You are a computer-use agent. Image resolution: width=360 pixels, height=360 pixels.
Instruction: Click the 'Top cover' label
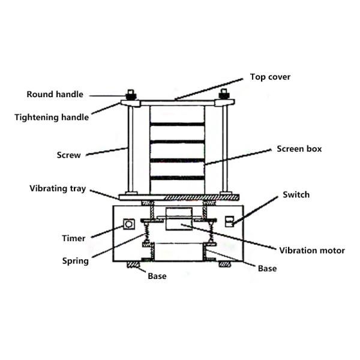[270, 77]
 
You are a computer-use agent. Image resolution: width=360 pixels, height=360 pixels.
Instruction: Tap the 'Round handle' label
[55, 94]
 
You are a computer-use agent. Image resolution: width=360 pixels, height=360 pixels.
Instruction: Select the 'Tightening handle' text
[52, 118]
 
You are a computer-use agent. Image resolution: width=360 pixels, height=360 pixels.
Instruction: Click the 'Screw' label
[68, 155]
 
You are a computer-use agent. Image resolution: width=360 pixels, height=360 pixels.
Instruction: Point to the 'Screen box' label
[299, 148]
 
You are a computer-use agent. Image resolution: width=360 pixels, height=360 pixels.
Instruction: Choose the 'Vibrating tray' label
[58, 188]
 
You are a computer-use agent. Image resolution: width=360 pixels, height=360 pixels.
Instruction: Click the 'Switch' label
[296, 194]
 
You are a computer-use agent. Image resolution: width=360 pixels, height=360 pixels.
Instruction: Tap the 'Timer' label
[73, 238]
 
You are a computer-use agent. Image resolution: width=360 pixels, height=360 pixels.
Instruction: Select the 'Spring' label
[76, 261]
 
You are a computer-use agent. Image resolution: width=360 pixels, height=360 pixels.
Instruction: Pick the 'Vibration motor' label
[312, 250]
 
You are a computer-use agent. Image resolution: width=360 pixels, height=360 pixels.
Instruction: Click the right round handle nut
[224, 95]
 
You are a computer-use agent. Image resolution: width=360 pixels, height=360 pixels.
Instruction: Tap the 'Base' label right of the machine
[267, 268]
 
